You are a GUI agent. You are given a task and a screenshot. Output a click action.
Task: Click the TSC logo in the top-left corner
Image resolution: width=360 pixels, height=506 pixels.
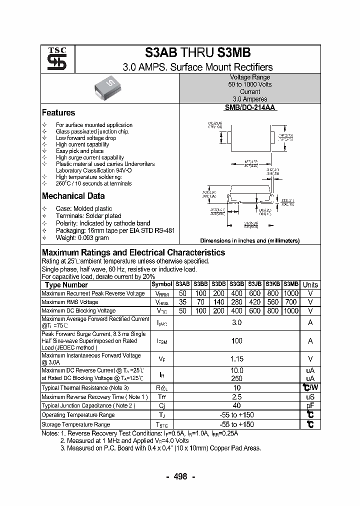53,59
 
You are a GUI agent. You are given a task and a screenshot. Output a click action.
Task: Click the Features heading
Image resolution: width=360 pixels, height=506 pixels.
58,113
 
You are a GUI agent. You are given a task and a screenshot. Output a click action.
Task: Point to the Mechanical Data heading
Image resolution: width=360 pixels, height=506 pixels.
73,196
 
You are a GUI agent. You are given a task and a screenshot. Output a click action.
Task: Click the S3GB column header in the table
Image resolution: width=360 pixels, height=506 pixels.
236,284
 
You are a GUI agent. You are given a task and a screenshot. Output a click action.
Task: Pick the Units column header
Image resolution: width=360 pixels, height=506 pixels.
310,284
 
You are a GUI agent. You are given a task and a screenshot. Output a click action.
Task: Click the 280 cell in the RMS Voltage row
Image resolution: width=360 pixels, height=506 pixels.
236,302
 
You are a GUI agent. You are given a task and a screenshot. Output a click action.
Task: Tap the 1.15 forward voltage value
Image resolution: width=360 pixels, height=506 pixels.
236,358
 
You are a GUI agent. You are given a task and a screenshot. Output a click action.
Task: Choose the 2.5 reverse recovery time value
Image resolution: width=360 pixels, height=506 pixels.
236,396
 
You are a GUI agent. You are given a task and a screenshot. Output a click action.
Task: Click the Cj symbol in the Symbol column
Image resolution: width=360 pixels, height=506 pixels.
162,406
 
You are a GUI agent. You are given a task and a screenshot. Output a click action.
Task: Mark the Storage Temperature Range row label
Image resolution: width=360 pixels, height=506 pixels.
75,424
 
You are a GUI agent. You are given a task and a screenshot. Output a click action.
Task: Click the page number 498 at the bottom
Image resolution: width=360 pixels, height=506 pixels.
180,476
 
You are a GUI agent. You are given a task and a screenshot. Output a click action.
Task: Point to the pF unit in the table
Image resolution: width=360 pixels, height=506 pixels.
310,406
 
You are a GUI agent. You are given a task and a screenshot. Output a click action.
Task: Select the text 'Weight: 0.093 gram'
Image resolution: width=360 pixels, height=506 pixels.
82,237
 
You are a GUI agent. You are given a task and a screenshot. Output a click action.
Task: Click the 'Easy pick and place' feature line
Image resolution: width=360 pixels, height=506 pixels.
79,151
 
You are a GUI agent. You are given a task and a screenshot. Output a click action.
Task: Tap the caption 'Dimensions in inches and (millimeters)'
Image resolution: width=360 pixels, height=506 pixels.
249,240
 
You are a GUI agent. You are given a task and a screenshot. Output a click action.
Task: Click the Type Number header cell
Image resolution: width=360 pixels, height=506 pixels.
66,284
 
